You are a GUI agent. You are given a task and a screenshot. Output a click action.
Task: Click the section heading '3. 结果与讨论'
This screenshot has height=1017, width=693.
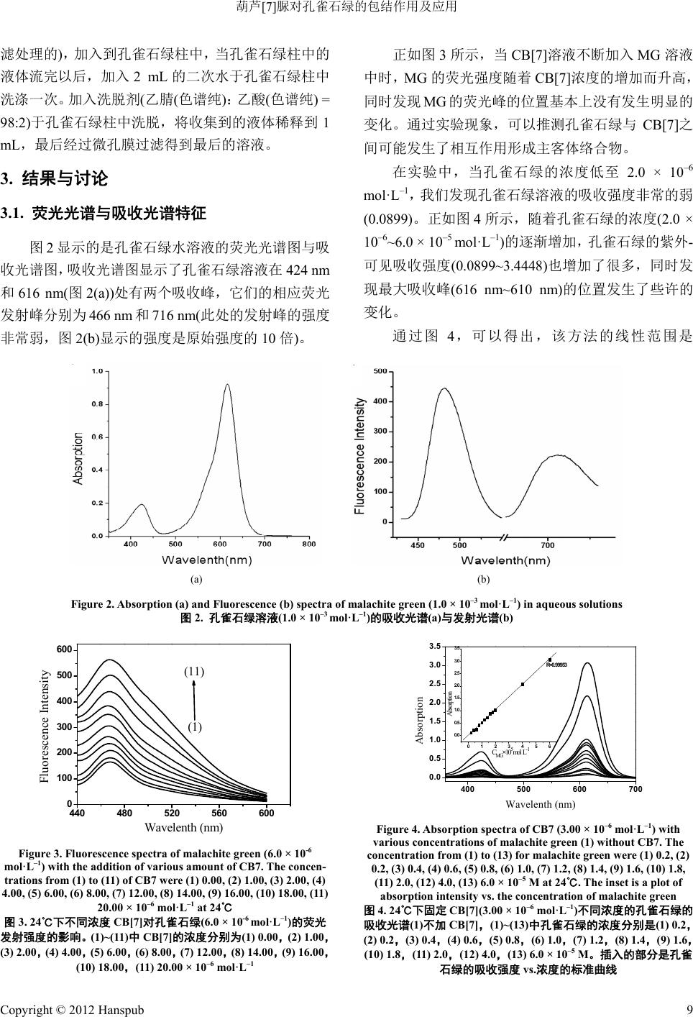[x=55, y=178]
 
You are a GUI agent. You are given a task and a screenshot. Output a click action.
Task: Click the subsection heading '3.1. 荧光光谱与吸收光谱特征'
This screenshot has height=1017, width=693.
[x=104, y=213]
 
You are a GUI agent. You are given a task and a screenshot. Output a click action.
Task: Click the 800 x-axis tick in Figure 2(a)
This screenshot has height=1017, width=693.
[x=308, y=544]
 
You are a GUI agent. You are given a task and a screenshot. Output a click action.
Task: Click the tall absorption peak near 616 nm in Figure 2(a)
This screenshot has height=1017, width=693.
[x=228, y=386]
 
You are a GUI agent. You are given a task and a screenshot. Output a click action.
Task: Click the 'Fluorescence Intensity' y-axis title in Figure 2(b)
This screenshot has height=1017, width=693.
[x=360, y=455]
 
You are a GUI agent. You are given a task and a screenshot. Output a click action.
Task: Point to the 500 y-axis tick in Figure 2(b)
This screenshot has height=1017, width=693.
[x=380, y=371]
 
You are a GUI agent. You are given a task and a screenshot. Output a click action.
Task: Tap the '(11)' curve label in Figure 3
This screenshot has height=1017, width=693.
[x=194, y=672]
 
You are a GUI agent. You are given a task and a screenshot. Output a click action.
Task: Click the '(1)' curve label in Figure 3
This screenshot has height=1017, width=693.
[x=195, y=726]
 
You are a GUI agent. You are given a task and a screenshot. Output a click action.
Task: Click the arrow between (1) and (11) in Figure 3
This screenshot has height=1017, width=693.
[x=194, y=699]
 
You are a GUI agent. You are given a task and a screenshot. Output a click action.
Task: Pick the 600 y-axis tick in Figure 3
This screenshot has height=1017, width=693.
[x=64, y=650]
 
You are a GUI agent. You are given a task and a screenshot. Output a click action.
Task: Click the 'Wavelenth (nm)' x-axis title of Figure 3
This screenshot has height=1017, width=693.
[x=184, y=828]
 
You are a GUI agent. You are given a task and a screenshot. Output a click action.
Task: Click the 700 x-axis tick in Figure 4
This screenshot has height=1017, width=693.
[x=634, y=790]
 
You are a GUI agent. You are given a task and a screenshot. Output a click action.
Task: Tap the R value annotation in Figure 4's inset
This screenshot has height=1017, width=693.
[x=557, y=665]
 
